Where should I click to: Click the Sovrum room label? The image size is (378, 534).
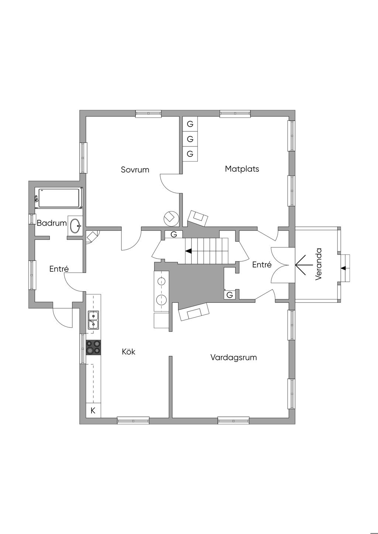135,170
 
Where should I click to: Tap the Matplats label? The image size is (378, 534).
242,169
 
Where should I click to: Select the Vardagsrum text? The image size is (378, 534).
233,357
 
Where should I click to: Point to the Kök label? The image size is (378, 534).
128,352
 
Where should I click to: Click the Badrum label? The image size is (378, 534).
52,223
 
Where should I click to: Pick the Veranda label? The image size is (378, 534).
319,264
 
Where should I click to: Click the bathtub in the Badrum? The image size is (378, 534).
59,198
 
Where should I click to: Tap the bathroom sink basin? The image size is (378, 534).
76,225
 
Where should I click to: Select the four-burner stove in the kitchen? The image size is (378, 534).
93,347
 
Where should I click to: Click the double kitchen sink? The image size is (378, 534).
93,320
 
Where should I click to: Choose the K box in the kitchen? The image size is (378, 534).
93,410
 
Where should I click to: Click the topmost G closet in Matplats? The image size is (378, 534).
190,124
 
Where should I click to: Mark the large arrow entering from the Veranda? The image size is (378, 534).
303,265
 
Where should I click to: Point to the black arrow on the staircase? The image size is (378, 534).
188,251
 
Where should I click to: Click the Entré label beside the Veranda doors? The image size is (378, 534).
262,265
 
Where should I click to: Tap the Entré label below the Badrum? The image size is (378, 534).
59,269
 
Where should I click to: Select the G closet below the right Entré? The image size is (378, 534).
230,295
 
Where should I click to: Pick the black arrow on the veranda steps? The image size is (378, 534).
344,268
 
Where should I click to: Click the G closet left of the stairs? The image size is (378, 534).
174,234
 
